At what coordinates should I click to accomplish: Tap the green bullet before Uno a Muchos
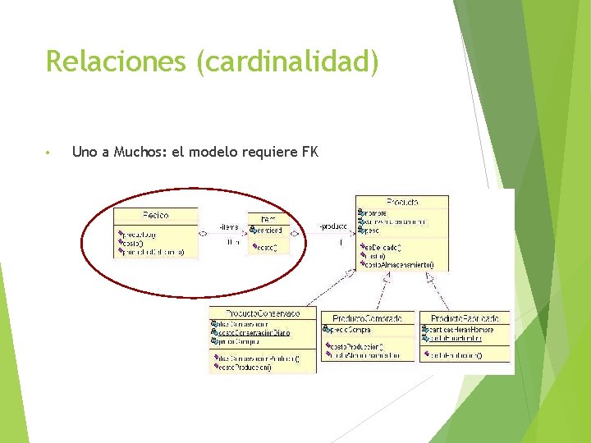point(49,153)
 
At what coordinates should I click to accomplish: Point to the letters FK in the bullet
point(309,152)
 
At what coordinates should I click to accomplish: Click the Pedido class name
point(155,215)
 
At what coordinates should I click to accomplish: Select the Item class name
point(268,218)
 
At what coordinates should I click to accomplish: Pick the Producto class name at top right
point(401,201)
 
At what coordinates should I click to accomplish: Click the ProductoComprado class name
point(367,318)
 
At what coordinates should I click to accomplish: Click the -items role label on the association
point(229,227)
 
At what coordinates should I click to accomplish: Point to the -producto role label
point(334,226)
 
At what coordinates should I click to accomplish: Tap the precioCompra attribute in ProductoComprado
point(354,330)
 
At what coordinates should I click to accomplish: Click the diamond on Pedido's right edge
point(203,234)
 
